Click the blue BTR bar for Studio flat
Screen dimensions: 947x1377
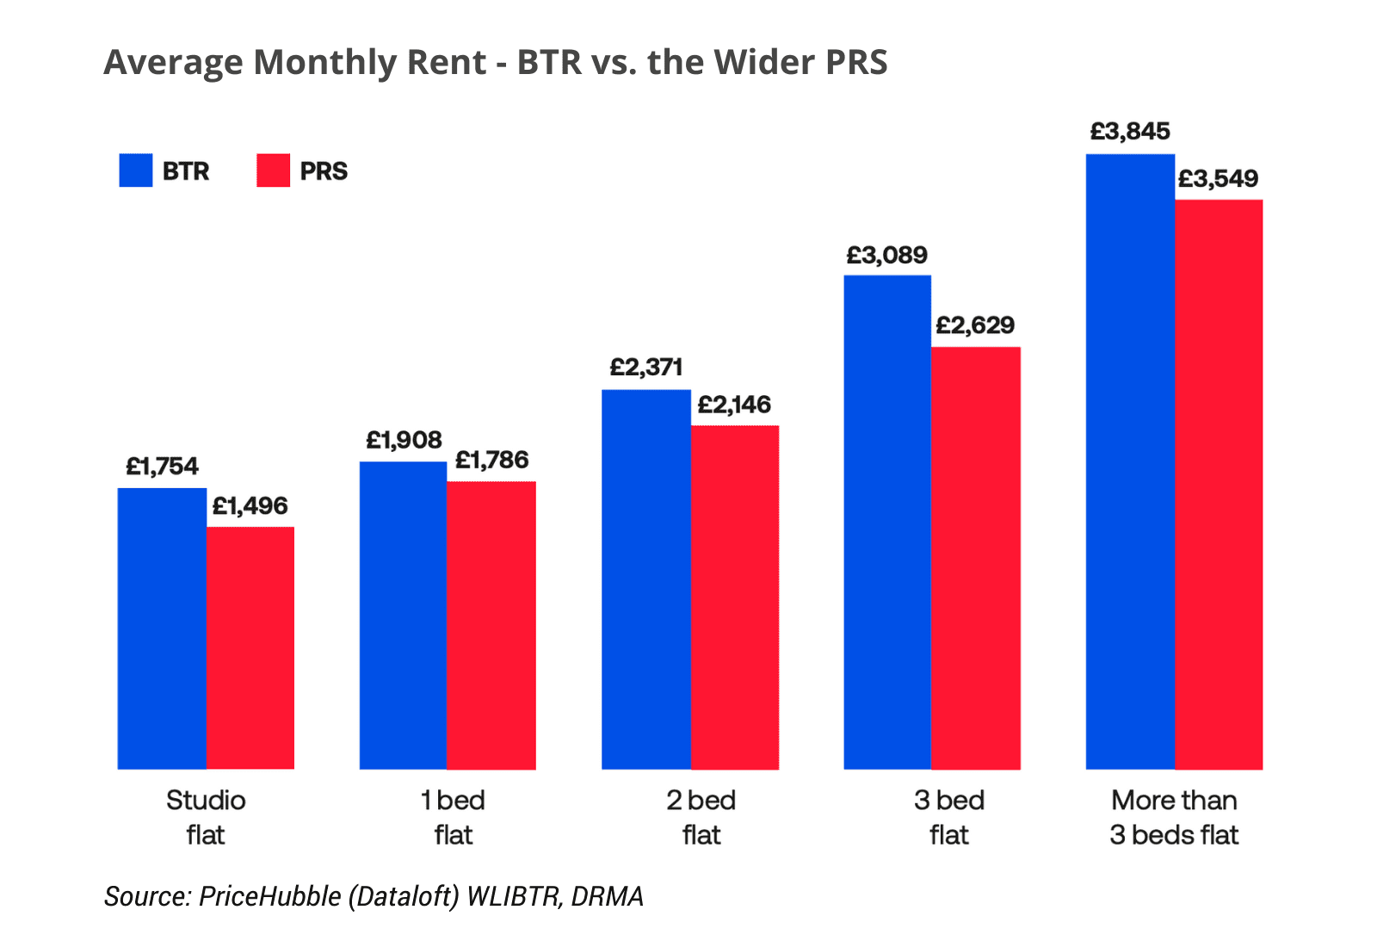click(x=162, y=628)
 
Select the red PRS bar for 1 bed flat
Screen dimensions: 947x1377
click(x=491, y=625)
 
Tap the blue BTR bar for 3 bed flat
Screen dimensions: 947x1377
click(x=887, y=522)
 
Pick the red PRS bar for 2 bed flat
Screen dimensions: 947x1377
click(x=735, y=597)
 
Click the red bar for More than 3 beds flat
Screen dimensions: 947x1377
click(x=1219, y=484)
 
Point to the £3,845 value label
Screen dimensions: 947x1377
click(x=1130, y=132)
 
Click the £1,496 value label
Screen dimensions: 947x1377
click(x=250, y=506)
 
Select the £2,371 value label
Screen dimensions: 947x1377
click(x=646, y=368)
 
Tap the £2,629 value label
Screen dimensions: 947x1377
click(x=975, y=325)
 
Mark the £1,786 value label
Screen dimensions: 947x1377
click(x=491, y=461)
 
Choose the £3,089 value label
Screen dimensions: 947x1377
click(x=886, y=256)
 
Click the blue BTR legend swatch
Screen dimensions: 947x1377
click(x=136, y=170)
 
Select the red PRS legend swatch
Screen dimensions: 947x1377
click(x=274, y=170)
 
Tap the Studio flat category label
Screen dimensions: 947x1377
click(x=206, y=817)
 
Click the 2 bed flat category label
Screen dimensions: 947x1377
click(x=701, y=817)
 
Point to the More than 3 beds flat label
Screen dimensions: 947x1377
click(x=1174, y=817)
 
